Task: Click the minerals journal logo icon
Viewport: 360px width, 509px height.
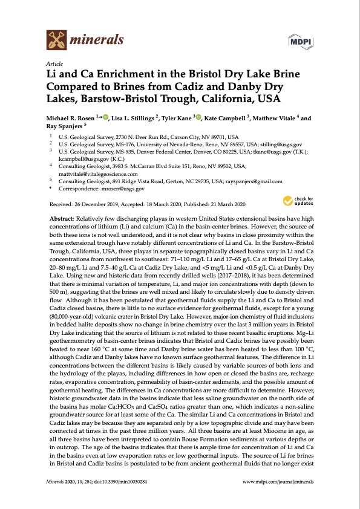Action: pyautogui.click(x=56, y=41)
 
